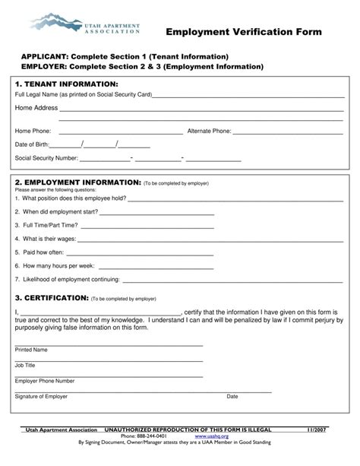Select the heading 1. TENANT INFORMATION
coord(66,84)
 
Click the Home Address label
coord(36,109)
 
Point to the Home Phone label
coord(33,131)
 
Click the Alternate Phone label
coord(209,131)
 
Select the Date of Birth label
coord(32,144)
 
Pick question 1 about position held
coord(70,198)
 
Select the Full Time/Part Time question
coord(46,225)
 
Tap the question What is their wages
coord(47,239)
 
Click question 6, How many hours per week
coord(54,266)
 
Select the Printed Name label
coord(31,350)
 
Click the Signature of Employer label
coord(41,396)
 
